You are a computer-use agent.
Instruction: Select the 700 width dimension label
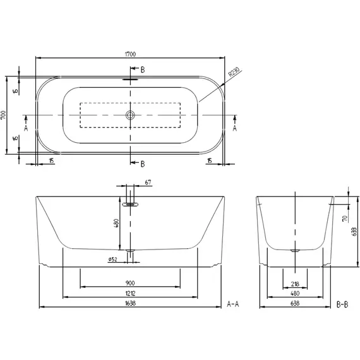(x=4, y=116)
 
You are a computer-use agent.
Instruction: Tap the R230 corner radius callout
(x=234, y=76)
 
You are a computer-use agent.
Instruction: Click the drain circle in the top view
(x=130, y=115)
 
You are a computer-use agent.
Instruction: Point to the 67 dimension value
(x=148, y=183)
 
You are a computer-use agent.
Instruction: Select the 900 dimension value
(x=130, y=283)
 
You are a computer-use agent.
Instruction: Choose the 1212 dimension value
(x=130, y=294)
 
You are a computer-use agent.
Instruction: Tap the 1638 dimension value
(x=130, y=304)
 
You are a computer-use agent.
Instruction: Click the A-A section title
(x=232, y=304)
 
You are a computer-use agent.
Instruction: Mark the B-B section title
(x=342, y=304)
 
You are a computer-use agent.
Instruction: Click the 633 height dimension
(x=356, y=231)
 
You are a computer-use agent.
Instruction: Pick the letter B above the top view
(x=143, y=69)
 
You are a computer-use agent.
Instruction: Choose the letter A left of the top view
(x=27, y=127)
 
